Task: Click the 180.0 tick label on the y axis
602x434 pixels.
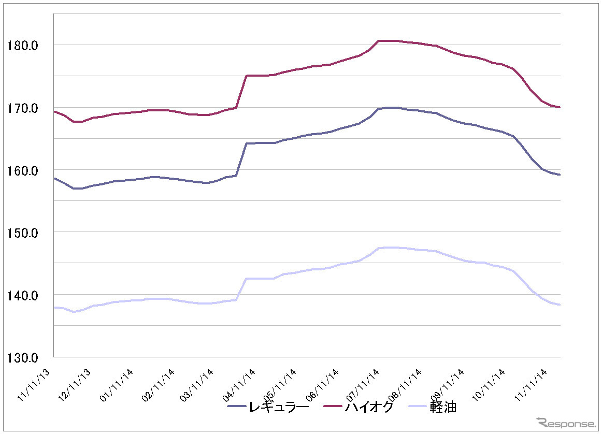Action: click(23, 46)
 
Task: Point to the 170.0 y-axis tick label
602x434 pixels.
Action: click(23, 108)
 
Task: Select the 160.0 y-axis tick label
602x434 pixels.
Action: click(23, 170)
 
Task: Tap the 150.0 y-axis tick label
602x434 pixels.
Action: click(23, 233)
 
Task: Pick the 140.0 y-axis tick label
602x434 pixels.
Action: click(23, 295)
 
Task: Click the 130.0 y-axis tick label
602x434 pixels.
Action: click(23, 357)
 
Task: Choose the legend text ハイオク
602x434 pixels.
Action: click(369, 407)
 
